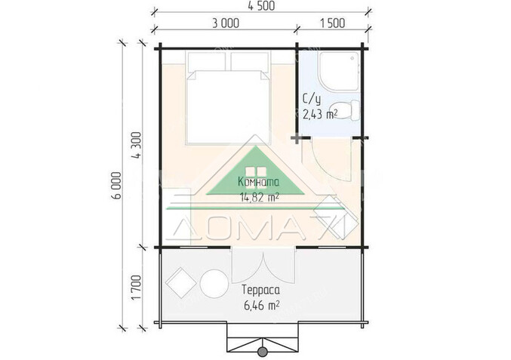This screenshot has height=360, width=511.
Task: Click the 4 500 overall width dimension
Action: click(261, 6)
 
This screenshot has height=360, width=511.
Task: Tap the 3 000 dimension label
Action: click(226, 23)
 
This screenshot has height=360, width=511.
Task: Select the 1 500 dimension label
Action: click(332, 23)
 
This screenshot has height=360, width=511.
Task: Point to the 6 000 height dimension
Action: click(117, 186)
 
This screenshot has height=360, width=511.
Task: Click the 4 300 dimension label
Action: click(137, 146)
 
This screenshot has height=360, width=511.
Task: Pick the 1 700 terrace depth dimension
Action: click(137, 288)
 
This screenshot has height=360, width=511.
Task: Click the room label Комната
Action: click(258, 182)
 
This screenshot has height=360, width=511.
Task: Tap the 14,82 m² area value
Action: click(260, 197)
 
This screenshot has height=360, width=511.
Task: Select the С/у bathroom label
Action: click(312, 99)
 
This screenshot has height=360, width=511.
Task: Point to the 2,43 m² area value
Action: click(320, 115)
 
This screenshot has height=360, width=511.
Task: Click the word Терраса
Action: click(260, 289)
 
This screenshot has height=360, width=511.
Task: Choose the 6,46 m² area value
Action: click(261, 306)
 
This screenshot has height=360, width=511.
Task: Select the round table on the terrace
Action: click(214, 283)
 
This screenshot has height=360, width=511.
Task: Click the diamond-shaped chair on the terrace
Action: click(181, 283)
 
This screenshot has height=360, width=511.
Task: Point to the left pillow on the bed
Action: click(207, 61)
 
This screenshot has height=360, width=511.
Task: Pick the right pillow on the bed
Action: click(251, 61)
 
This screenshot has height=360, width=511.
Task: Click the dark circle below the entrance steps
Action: click(263, 352)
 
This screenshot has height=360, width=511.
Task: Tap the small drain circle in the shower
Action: click(352, 59)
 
